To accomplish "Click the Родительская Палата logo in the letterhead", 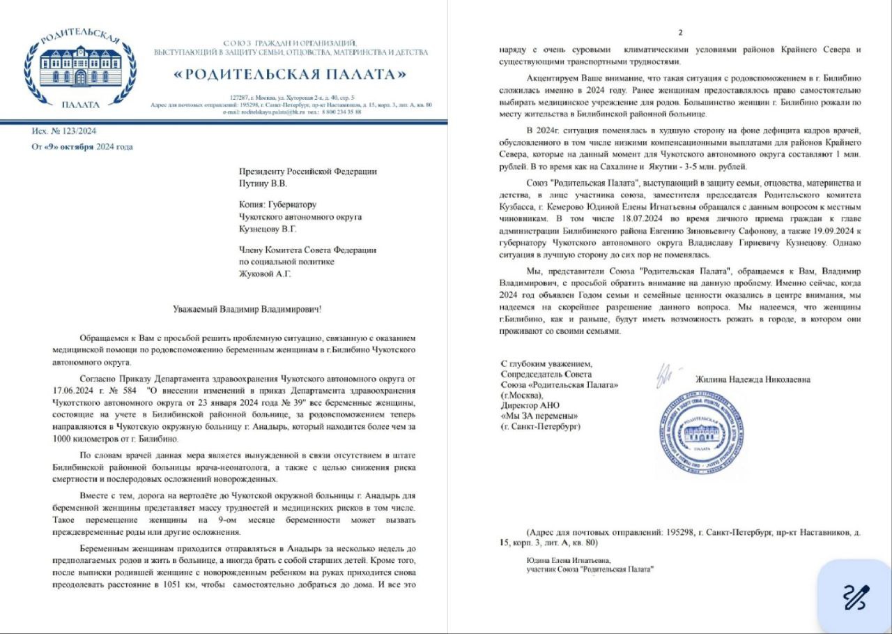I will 79,67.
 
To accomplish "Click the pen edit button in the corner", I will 856,597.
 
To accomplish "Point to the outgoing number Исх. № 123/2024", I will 64,131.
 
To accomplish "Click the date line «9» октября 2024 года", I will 82,146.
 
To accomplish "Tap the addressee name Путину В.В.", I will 263,184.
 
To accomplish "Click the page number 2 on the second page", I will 680,33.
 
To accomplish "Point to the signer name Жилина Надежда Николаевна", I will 753,379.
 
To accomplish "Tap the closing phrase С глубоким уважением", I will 546,364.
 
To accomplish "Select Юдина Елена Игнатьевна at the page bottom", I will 569,560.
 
